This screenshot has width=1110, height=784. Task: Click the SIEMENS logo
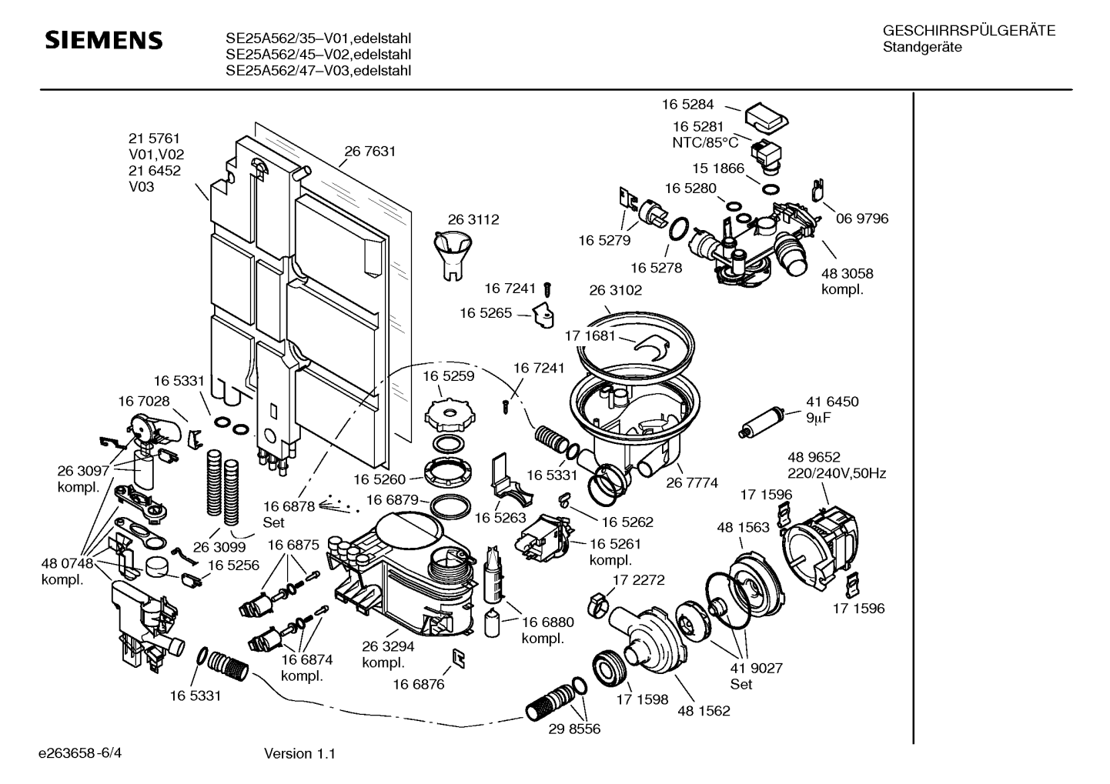click(103, 41)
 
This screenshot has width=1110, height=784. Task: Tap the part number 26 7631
click(369, 152)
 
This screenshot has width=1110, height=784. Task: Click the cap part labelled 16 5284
click(766, 118)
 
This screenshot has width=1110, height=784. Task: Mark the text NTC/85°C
click(705, 142)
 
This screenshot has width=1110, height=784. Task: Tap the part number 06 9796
click(862, 219)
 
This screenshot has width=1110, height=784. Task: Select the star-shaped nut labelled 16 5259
click(446, 415)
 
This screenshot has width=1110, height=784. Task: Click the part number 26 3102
click(615, 290)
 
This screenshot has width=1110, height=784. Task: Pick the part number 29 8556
click(574, 728)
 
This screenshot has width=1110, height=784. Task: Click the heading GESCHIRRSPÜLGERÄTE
click(968, 32)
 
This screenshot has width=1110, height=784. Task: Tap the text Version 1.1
click(299, 754)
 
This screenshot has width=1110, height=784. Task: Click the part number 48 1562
click(704, 711)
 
